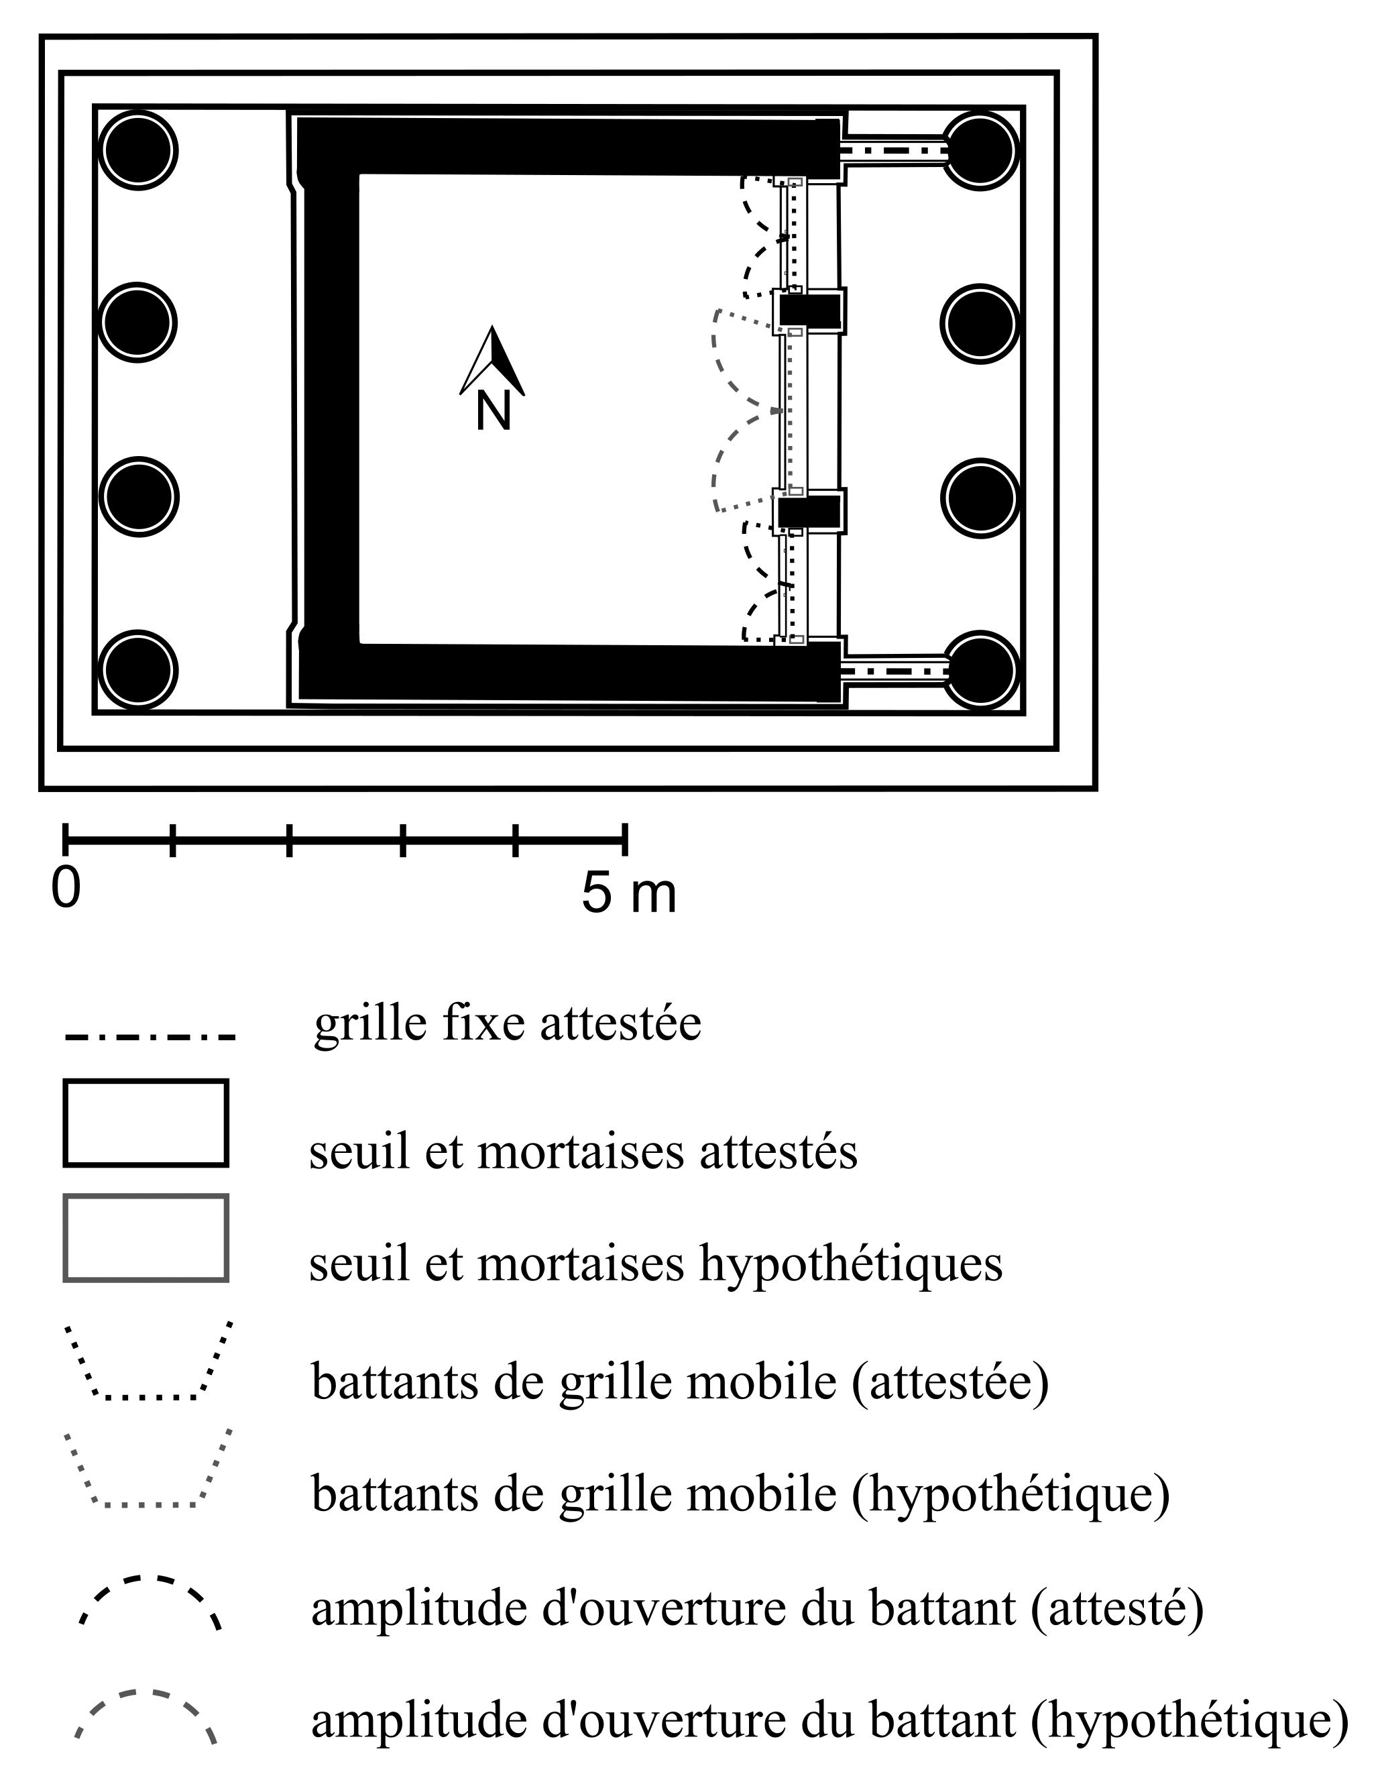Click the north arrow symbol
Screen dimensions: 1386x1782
492,362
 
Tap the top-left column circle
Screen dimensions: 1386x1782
138,151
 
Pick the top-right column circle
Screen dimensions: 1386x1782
980,151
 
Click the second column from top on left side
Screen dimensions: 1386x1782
138,323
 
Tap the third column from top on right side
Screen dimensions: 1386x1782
980,498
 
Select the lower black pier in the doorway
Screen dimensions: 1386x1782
809,512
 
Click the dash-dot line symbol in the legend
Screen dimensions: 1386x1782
150,1038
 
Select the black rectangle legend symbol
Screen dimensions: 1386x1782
146,1123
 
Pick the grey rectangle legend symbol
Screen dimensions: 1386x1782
146,1238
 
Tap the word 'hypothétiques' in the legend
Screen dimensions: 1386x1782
851,1264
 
